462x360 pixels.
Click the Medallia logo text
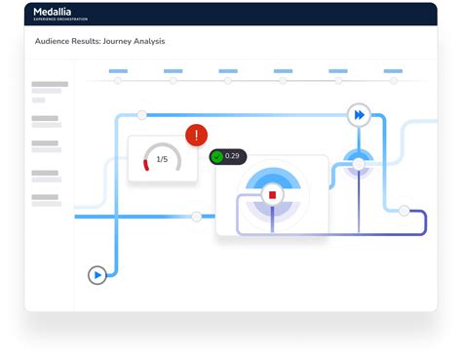59,12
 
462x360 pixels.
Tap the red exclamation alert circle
197,135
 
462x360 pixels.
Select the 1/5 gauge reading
163,159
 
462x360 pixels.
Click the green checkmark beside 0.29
216,156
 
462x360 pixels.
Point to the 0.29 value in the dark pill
232,156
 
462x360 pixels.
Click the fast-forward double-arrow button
359,115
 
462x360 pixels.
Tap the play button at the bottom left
97,275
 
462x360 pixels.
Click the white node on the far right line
404,210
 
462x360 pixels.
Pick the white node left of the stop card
196,216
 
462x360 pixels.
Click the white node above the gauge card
142,115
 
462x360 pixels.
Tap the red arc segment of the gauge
147,165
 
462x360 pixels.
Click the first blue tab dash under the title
118,70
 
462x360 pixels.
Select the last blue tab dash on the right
393,70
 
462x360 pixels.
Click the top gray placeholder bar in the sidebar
50,84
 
